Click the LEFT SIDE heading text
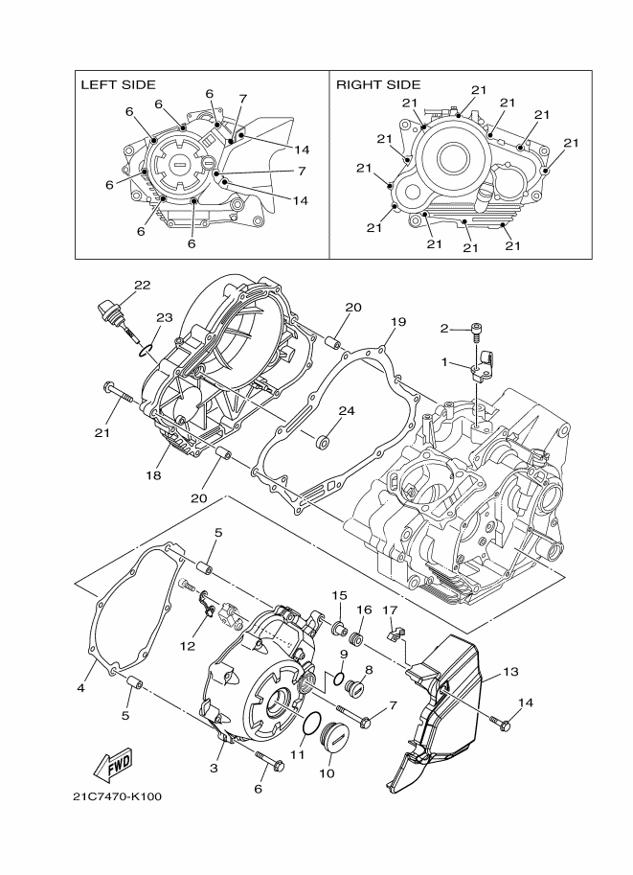pyautogui.click(x=117, y=85)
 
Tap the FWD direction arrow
pyautogui.click(x=113, y=764)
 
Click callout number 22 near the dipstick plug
pyautogui.click(x=143, y=286)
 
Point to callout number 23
pyautogui.click(x=164, y=317)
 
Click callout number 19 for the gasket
pyautogui.click(x=398, y=321)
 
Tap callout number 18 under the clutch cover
pyautogui.click(x=151, y=475)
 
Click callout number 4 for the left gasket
pyautogui.click(x=81, y=688)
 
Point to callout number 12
pyautogui.click(x=187, y=646)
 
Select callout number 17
pyautogui.click(x=390, y=610)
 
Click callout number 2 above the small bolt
pyautogui.click(x=443, y=329)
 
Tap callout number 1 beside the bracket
pyautogui.click(x=443, y=363)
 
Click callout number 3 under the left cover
pyautogui.click(x=215, y=769)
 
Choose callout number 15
pyautogui.click(x=339, y=595)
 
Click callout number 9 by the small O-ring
pyautogui.click(x=342, y=655)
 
